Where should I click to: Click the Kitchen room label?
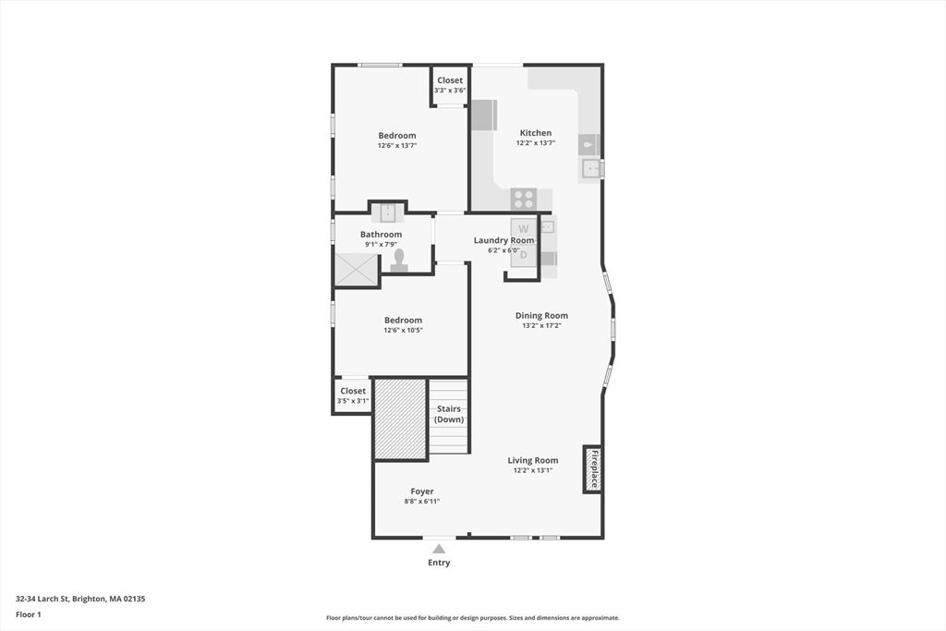(536, 133)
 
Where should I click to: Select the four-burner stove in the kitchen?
(524, 199)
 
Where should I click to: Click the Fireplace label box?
(593, 469)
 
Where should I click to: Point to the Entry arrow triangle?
(439, 549)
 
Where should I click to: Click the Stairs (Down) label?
(449, 414)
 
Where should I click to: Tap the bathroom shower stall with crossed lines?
(356, 269)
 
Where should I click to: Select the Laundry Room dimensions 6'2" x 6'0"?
(503, 250)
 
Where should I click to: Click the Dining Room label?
(541, 315)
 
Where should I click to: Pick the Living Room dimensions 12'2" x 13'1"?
(533, 470)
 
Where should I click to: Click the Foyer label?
(421, 491)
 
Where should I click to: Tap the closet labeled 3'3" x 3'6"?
(450, 85)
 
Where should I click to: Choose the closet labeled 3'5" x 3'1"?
(353, 395)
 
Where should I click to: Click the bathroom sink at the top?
(387, 212)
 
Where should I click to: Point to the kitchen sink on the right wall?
(590, 168)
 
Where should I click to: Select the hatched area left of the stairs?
(401, 419)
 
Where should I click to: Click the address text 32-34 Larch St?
(42, 599)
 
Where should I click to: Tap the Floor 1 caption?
(29, 614)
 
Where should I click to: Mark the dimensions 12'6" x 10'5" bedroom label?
(403, 330)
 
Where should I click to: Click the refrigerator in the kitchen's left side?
(484, 115)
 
